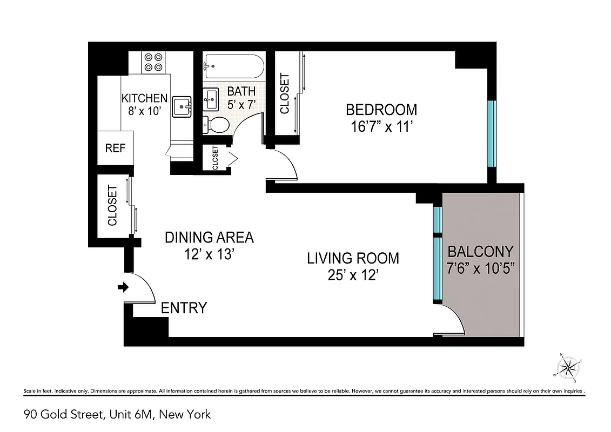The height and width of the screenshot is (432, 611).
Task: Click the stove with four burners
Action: coord(153,62)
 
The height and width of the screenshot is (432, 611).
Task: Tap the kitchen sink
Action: coord(182,106)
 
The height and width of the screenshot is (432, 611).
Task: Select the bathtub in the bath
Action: coord(233,67)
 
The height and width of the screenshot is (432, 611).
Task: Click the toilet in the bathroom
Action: coord(216,125)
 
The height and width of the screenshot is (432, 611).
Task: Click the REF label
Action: coord(115,148)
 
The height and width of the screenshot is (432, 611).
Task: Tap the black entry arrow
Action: coord(123,287)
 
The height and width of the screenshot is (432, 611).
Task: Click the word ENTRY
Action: coord(184,308)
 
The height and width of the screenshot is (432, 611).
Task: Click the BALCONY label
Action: coord(480,251)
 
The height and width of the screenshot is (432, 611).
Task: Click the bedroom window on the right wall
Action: coord(491,133)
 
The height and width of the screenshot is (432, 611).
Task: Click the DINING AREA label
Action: coord(209,237)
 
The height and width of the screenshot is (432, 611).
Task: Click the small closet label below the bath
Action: coord(215,158)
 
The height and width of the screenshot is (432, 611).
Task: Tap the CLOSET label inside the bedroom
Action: coord(285,93)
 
